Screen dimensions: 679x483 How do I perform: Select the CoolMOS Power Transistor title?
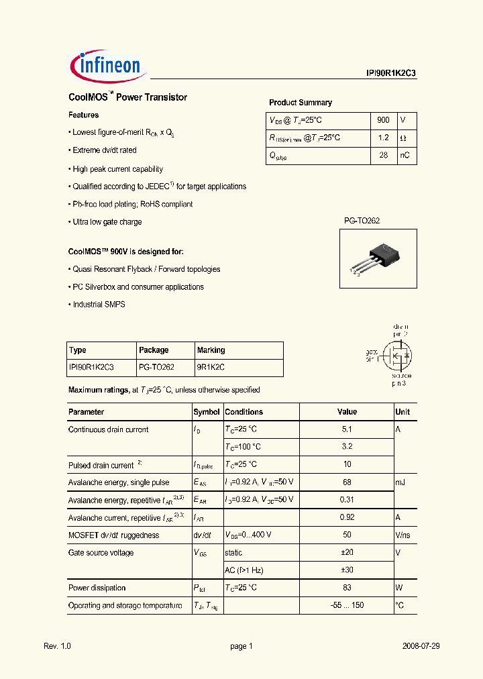pyautogui.click(x=128, y=97)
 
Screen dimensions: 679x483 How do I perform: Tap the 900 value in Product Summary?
pyautogui.click(x=383, y=120)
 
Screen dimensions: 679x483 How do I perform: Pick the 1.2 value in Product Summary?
pyautogui.click(x=383, y=138)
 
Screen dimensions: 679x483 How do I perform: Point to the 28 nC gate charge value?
pyautogui.click(x=383, y=155)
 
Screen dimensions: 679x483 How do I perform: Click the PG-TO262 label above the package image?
pyautogui.click(x=362, y=221)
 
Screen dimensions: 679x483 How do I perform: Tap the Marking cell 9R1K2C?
pyautogui.click(x=211, y=367)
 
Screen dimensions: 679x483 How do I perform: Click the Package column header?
pyautogui.click(x=154, y=350)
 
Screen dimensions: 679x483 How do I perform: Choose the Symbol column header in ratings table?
pyautogui.click(x=207, y=412)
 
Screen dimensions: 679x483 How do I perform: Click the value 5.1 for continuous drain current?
pyautogui.click(x=347, y=429)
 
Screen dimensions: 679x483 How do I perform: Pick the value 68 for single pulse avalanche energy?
pyautogui.click(x=347, y=482)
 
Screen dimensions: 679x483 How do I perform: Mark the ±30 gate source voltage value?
pyautogui.click(x=347, y=570)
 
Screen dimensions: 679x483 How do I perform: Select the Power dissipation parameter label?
pyautogui.click(x=97, y=588)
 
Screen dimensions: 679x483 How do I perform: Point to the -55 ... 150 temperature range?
pyautogui.click(x=347, y=605)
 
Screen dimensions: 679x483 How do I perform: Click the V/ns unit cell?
pyautogui.click(x=404, y=535)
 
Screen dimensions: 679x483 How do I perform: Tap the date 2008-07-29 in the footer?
pyautogui.click(x=421, y=646)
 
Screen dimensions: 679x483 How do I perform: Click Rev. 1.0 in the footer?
pyautogui.click(x=57, y=646)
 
